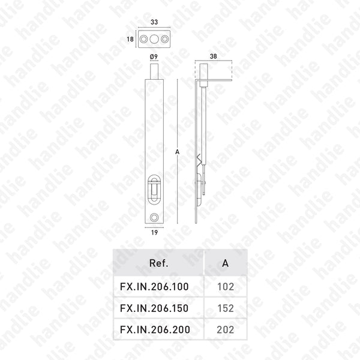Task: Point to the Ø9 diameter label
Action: point(154,56)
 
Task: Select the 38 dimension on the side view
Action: point(214,56)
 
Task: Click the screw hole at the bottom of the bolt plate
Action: point(155,217)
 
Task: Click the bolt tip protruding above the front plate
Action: point(155,71)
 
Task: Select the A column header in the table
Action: point(226,263)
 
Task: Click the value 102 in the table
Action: point(226,287)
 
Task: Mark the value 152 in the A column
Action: point(226,308)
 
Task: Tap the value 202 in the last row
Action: point(226,329)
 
